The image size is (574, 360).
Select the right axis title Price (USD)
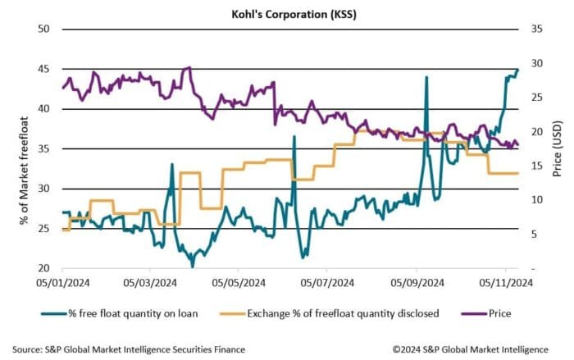pos(558,148)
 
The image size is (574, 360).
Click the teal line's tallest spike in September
pos(426,77)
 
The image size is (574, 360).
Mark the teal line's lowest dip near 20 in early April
pos(192,267)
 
